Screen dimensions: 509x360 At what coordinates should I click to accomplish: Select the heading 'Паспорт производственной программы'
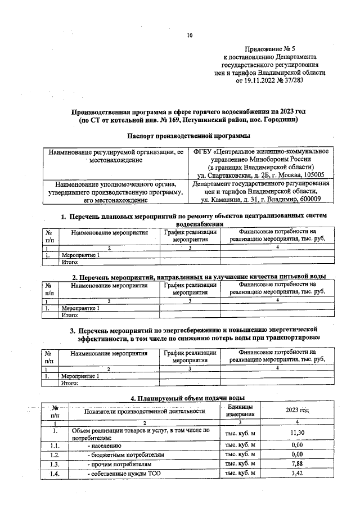(188, 136)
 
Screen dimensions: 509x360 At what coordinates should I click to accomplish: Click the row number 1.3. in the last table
(54, 465)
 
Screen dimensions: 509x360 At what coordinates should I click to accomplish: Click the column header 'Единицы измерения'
(240, 411)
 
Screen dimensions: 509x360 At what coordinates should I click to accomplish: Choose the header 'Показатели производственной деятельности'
(145, 411)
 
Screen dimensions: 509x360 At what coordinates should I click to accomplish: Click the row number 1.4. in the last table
(54, 475)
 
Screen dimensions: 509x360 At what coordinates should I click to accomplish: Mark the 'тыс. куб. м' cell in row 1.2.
(240, 454)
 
